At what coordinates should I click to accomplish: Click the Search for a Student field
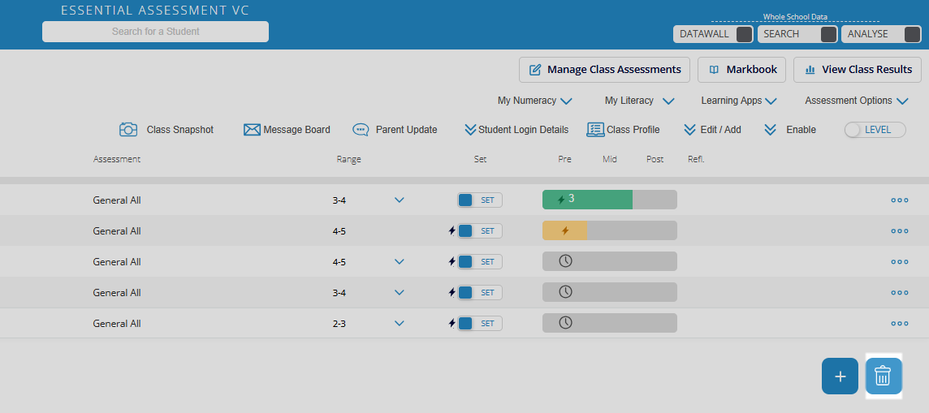coord(155,32)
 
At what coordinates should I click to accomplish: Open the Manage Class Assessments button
coord(605,70)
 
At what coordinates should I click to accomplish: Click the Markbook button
coord(742,70)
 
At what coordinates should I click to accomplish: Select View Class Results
coord(858,70)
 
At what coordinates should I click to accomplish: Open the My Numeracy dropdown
coord(535,101)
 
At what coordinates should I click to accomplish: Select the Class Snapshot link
coord(166,130)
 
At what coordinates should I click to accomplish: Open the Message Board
coord(287,130)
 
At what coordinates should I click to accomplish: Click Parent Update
coord(395,130)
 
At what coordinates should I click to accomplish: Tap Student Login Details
coord(516,130)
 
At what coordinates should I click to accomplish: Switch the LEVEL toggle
coord(875,130)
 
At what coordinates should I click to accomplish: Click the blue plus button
coord(840,376)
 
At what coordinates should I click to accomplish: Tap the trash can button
coord(883,376)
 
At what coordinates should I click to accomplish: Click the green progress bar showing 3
coord(586,200)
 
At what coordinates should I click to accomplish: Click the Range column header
coord(348,159)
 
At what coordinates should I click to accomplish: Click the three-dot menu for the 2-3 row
coord(899,323)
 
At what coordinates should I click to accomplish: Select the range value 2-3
coord(339,323)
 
